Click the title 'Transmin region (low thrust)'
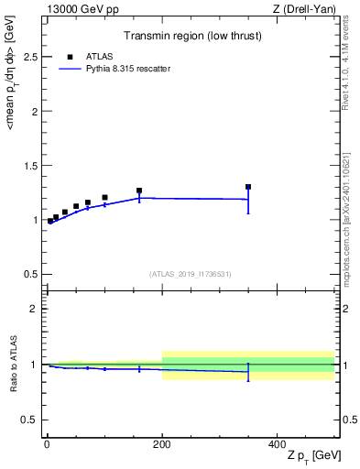coord(191,38)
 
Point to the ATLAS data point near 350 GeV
coord(248,187)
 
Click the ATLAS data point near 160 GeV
coord(139,191)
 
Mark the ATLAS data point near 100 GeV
coord(104,197)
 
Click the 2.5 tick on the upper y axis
coord(30,57)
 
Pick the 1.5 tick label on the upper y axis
coord(30,166)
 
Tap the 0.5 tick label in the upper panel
coord(30,274)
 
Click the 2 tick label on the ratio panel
coord(35,309)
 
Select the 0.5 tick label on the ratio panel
coord(30,420)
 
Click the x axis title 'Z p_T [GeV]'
coord(308,456)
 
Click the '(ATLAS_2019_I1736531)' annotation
coord(191,274)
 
